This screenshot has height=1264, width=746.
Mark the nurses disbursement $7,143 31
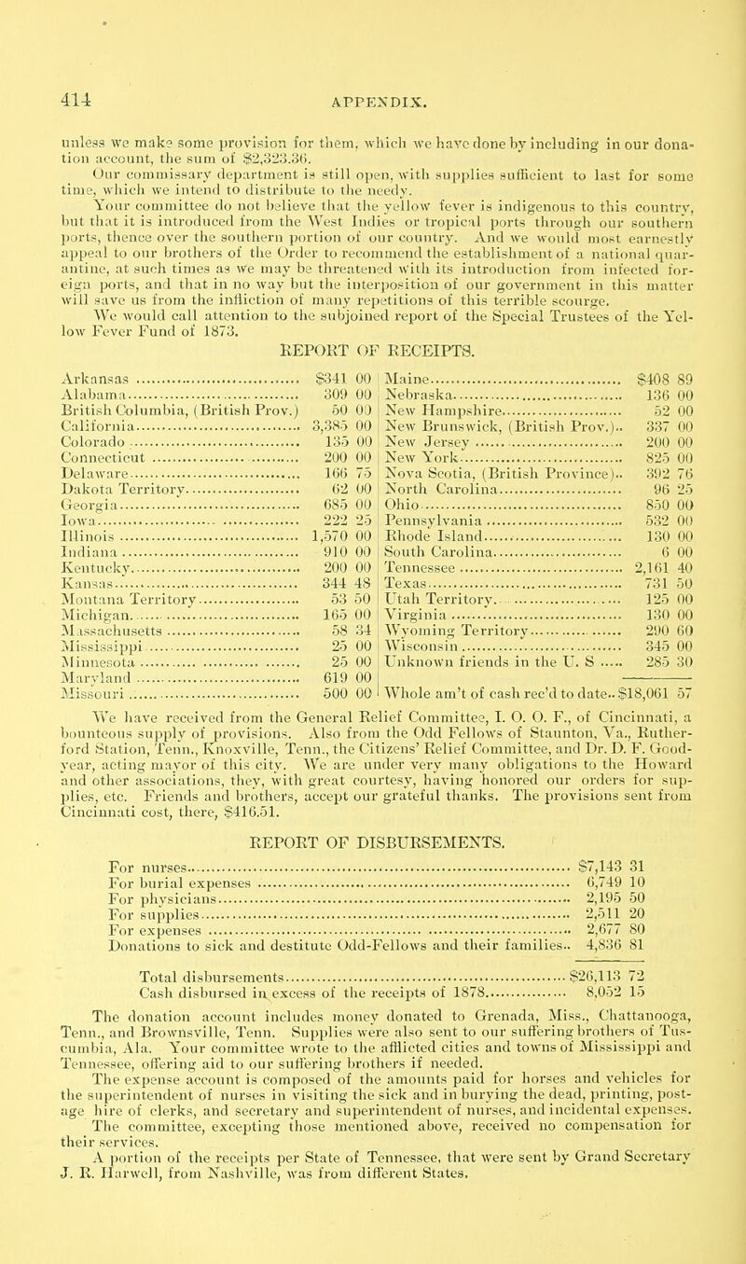[634, 918]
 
